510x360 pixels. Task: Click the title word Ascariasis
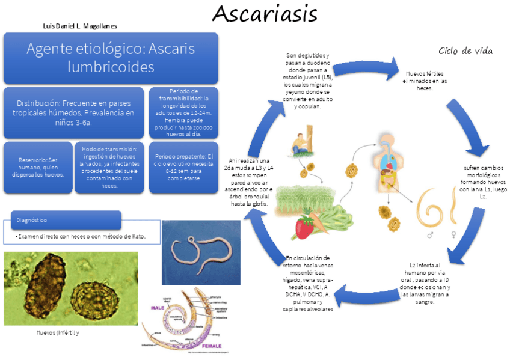265,13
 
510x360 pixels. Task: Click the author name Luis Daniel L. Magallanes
80,26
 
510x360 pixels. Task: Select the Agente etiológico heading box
111,58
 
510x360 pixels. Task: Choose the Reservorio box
37,167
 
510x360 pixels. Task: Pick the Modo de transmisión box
109,167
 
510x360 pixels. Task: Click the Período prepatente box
183,167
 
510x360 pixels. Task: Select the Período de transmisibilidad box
183,112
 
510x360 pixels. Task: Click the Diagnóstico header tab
66,220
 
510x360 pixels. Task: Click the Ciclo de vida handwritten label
465,51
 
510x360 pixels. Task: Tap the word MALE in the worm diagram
158,307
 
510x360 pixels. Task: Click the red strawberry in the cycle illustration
304,227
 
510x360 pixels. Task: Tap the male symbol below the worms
430,236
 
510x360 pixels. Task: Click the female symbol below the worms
452,236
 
